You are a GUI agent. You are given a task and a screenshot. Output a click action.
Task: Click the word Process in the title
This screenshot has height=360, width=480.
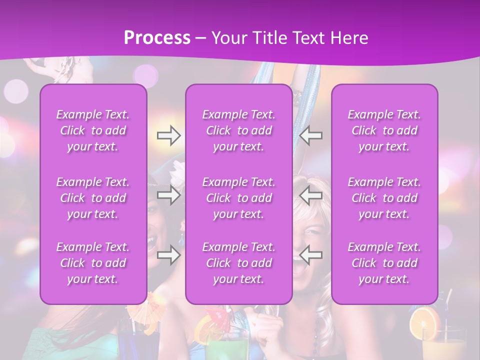[x=157, y=38]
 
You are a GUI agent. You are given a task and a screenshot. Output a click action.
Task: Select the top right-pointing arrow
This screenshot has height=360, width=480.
[x=168, y=135]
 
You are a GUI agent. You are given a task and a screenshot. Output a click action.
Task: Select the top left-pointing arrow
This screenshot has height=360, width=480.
[x=311, y=135]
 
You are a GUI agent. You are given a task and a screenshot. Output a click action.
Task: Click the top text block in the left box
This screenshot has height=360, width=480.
[x=93, y=130]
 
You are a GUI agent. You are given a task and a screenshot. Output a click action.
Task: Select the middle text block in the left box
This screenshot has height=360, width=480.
[x=93, y=198]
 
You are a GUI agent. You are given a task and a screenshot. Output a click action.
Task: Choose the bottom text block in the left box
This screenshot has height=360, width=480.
[x=93, y=263]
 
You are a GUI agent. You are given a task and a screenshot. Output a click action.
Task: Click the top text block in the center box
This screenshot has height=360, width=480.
[x=239, y=130]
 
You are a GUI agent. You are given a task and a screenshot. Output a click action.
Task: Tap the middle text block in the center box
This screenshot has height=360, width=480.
[x=239, y=198]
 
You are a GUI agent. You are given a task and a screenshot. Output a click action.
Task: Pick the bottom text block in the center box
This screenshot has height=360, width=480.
[x=239, y=263]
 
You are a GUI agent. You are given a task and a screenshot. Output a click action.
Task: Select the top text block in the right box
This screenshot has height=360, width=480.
[x=384, y=130]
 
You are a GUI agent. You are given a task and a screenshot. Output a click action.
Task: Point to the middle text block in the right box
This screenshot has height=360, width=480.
[x=384, y=198]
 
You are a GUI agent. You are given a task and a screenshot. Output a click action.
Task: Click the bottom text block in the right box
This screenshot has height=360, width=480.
[x=384, y=263]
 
